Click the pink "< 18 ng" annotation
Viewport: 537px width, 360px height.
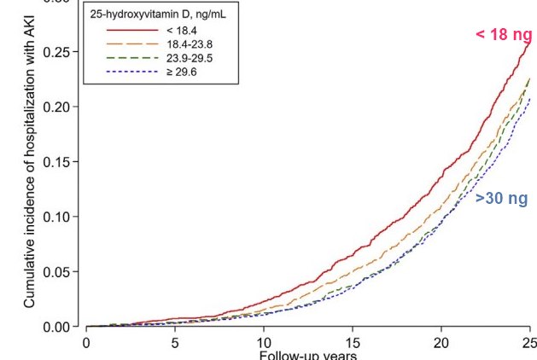503,35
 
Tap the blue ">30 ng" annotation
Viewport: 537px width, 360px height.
501,199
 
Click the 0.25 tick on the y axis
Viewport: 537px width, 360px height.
62,52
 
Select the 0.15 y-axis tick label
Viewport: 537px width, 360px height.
62,162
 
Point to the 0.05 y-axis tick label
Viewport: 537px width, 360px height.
62,272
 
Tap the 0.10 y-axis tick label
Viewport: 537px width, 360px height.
62,217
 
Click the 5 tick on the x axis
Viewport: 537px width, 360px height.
175,343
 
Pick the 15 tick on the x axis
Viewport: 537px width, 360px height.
353,343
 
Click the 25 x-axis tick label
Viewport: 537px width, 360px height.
528,343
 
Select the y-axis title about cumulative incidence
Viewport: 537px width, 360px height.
30,179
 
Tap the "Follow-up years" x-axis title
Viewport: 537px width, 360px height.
307,355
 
